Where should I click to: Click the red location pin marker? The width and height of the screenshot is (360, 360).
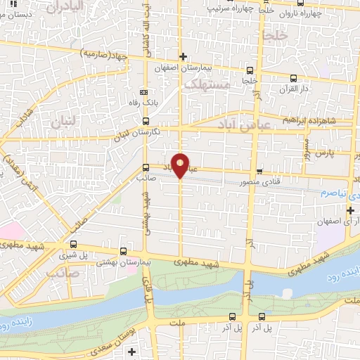181,165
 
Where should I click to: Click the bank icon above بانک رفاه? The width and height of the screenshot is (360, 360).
145,92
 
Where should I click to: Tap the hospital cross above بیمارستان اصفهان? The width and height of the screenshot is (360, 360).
183,56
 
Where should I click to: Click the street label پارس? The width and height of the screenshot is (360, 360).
322,152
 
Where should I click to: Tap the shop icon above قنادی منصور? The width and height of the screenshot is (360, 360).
259,171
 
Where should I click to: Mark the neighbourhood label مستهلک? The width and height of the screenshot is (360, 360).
207,84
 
